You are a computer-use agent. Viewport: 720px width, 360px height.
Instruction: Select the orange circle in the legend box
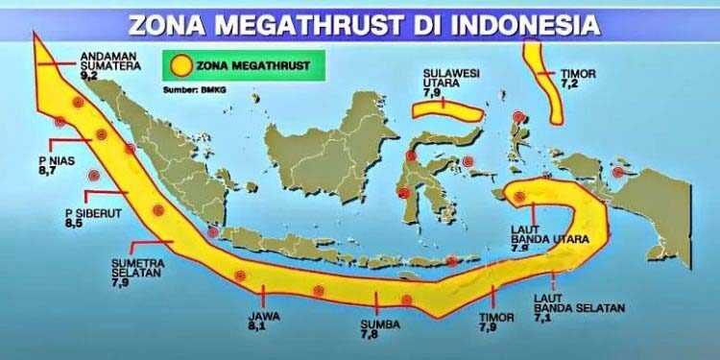180,66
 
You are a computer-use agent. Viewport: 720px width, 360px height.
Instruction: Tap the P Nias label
51,159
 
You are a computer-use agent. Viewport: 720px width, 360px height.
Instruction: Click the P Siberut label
84,212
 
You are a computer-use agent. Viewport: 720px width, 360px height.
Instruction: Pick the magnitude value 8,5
74,223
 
